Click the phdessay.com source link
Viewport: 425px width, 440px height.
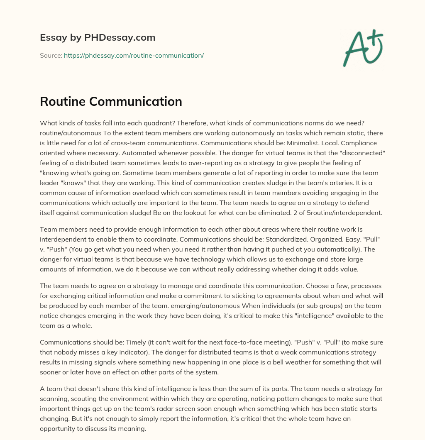coord(134,55)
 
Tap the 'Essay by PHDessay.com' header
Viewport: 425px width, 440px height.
coord(98,38)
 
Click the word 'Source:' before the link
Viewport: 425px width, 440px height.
coord(51,55)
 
